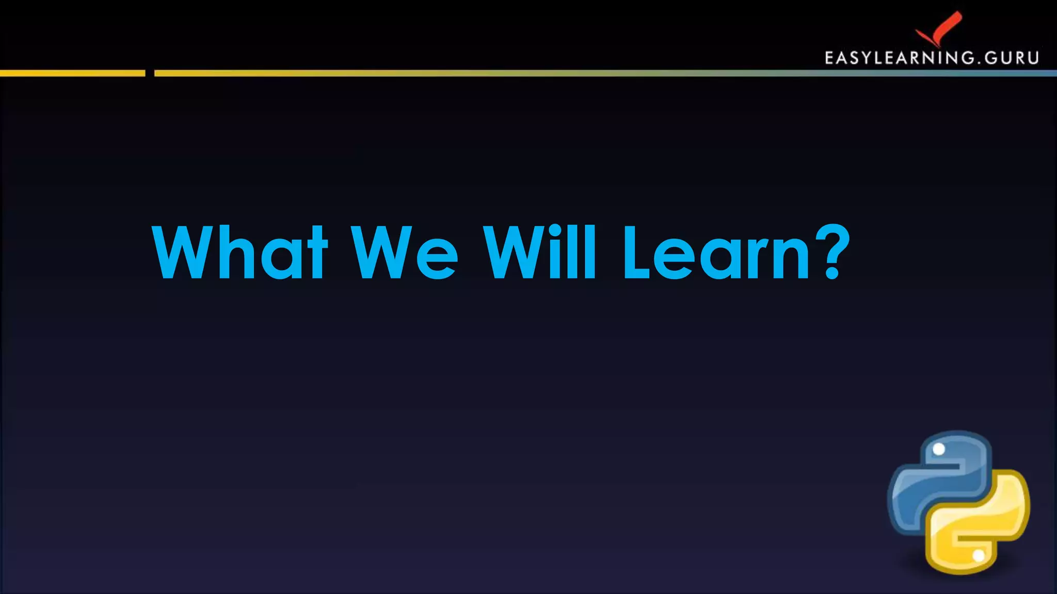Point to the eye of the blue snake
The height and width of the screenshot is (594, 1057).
939,449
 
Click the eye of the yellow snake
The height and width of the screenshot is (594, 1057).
979,556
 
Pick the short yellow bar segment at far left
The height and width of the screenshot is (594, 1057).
72,73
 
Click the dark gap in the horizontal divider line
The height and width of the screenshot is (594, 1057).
150,73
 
